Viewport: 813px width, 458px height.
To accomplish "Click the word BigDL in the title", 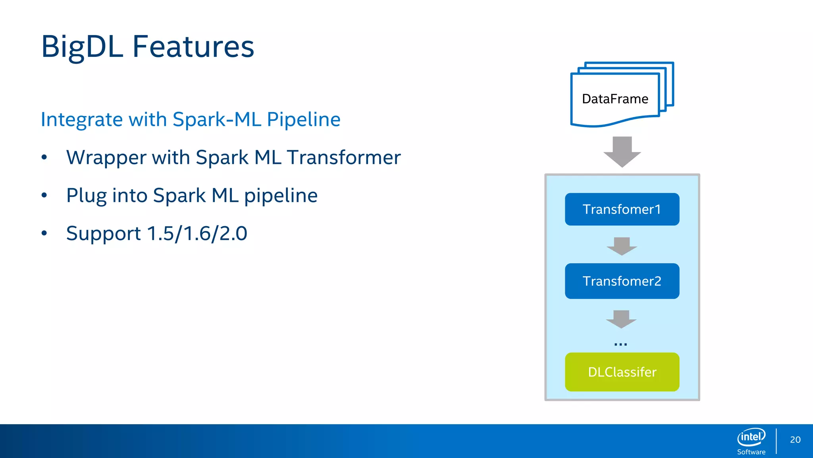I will pos(82,47).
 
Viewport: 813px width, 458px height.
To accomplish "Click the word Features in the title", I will pos(193,47).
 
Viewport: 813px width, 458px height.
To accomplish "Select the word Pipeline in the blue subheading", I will pos(304,119).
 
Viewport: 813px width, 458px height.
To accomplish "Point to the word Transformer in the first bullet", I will pos(344,157).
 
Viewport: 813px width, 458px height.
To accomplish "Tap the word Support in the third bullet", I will pos(103,233).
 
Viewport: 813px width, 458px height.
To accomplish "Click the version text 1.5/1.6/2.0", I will pos(197,233).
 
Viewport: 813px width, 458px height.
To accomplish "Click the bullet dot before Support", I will pos(44,233).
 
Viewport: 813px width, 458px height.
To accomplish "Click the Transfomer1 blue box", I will pos(622,209).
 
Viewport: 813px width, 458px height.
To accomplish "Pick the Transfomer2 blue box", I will pos(622,281).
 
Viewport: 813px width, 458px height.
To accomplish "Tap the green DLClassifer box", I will pos(622,372).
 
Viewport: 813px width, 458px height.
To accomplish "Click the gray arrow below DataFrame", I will pos(622,151).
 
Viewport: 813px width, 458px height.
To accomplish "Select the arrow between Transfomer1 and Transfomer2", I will pos(622,246).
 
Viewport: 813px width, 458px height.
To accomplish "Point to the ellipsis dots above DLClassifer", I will pos(620,344).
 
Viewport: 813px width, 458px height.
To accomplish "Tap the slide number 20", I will pos(795,440).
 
